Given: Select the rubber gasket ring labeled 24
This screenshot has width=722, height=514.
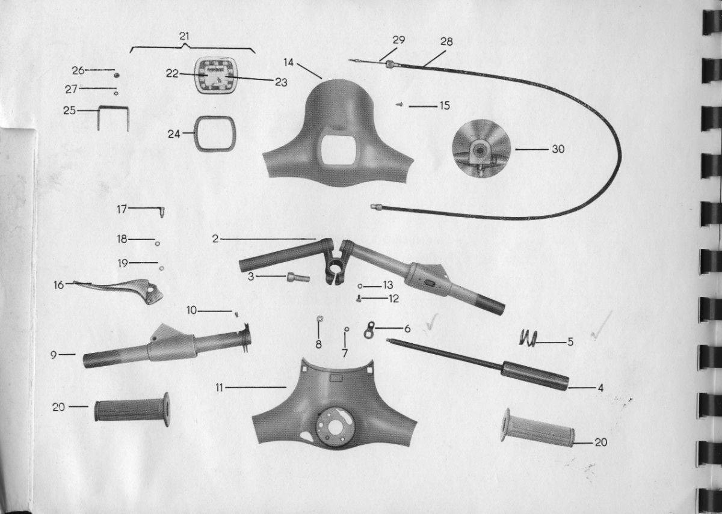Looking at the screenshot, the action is pyautogui.click(x=195, y=133).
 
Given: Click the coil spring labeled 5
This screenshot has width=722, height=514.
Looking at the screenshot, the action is pyautogui.click(x=528, y=339).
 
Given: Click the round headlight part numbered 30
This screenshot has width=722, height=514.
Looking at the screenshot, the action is pyautogui.click(x=481, y=148).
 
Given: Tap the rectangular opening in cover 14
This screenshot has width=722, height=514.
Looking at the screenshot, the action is pyautogui.click(x=338, y=150).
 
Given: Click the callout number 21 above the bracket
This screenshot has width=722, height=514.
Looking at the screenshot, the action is pyautogui.click(x=184, y=36).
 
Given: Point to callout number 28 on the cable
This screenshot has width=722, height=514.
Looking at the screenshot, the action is pyautogui.click(x=446, y=41).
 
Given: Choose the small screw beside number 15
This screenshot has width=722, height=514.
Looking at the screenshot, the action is pyautogui.click(x=400, y=105).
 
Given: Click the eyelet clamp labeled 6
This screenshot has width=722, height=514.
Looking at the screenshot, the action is pyautogui.click(x=369, y=330).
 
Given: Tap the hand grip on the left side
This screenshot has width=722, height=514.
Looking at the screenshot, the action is pyautogui.click(x=132, y=409).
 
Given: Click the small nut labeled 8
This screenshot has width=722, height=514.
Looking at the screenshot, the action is pyautogui.click(x=319, y=319).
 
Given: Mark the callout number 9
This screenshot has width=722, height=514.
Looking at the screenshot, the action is pyautogui.click(x=54, y=355).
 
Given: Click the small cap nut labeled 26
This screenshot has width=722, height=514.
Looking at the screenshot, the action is pyautogui.click(x=116, y=75).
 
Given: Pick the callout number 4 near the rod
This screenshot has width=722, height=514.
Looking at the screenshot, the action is pyautogui.click(x=600, y=388).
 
